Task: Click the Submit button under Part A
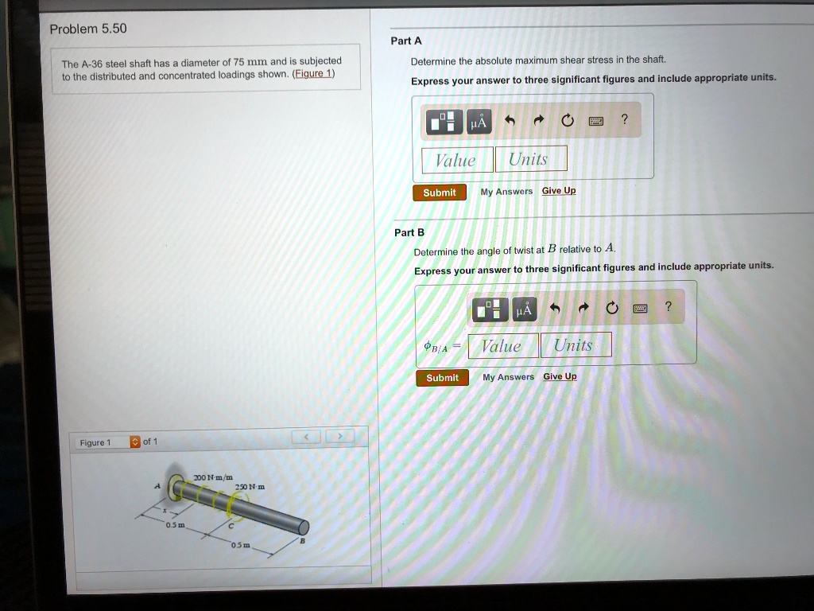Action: pyautogui.click(x=439, y=193)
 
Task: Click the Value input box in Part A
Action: pyautogui.click(x=456, y=159)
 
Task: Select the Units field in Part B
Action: pyautogui.click(x=576, y=345)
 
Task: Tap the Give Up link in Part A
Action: pyautogui.click(x=559, y=191)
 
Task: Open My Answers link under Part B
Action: pyautogui.click(x=508, y=377)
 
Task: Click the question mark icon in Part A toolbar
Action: pyautogui.click(x=625, y=120)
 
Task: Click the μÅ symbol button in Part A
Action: pyautogui.click(x=479, y=123)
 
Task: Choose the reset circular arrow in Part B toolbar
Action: pyautogui.click(x=610, y=308)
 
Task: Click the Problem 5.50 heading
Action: pyautogui.click(x=87, y=29)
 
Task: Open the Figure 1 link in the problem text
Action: pyautogui.click(x=313, y=74)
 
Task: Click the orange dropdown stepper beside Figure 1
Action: pyautogui.click(x=134, y=442)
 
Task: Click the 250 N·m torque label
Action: pyautogui.click(x=245, y=487)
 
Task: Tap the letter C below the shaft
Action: pyautogui.click(x=231, y=526)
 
